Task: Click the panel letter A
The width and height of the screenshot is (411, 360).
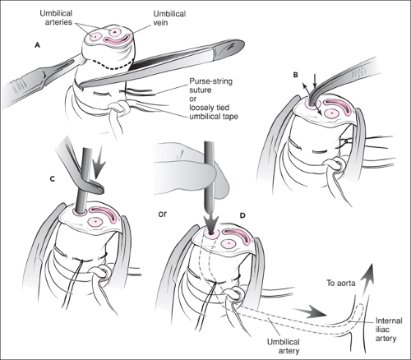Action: click(x=37, y=45)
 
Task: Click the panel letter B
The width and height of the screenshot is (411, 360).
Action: click(x=296, y=75)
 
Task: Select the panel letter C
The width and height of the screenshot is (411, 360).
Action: click(x=53, y=179)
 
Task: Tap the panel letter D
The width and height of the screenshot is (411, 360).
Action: click(x=242, y=215)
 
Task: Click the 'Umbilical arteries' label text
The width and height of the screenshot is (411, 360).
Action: click(x=56, y=17)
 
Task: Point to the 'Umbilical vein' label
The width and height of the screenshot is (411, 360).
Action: click(x=169, y=18)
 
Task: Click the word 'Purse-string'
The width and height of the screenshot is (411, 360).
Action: click(x=211, y=81)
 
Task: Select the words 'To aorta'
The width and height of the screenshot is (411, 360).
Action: click(x=341, y=283)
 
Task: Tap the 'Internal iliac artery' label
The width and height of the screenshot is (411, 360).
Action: click(x=389, y=330)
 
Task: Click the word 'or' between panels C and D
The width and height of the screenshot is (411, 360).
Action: click(x=162, y=214)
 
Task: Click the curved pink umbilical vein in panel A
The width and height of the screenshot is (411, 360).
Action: click(x=116, y=39)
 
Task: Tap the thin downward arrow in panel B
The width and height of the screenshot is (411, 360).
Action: click(x=315, y=81)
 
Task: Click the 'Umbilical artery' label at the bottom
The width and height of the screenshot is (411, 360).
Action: click(x=284, y=346)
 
